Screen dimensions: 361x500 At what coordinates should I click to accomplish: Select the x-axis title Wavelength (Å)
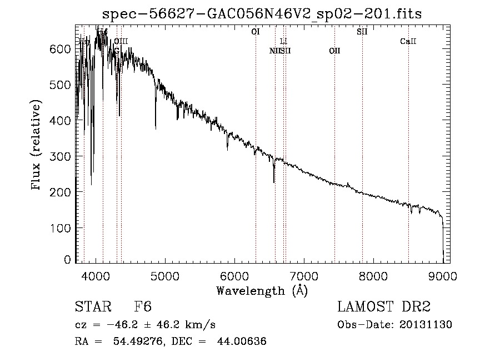click(x=262, y=290)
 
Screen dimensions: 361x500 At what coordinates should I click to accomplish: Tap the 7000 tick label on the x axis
click(x=304, y=275)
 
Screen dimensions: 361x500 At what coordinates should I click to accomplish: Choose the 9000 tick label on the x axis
click(x=443, y=275)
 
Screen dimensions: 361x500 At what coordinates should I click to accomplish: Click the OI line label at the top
click(x=256, y=32)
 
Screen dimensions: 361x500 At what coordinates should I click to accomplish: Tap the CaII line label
click(x=408, y=41)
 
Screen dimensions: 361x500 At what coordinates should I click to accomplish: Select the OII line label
click(x=334, y=51)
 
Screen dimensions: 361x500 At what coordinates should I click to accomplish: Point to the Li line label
click(x=283, y=41)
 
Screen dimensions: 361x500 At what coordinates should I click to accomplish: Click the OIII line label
click(x=121, y=41)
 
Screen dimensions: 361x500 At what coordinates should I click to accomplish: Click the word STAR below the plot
click(x=92, y=307)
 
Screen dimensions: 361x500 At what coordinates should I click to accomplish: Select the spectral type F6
click(x=143, y=307)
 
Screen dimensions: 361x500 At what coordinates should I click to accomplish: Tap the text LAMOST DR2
click(x=383, y=307)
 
